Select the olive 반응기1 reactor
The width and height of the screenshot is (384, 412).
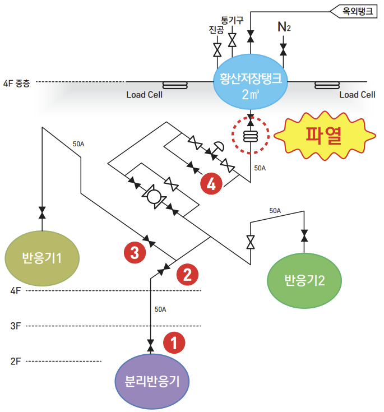tap(42, 258)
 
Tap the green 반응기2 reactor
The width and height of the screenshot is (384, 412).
tap(304, 280)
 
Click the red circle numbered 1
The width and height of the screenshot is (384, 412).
tap(174, 343)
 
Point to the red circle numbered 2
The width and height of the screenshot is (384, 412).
tap(187, 274)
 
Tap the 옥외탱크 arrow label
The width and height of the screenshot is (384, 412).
tap(353, 11)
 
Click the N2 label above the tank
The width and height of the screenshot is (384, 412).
tap(284, 26)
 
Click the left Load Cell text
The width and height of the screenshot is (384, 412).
tap(144, 95)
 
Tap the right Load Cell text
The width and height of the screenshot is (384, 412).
tap(357, 95)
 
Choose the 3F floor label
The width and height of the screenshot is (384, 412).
tap(16, 326)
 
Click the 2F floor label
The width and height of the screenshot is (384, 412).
tap(16, 361)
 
